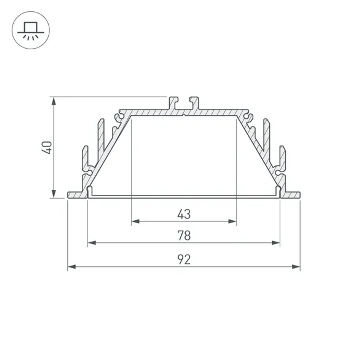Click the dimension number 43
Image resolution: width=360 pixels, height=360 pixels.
pos(184,214)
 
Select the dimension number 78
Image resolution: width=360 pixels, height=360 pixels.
pos(184,236)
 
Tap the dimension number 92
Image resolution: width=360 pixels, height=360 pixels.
pos(184,260)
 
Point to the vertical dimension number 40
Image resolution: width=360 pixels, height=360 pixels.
pos(47,148)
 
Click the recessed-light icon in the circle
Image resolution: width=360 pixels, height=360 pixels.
pos(31,30)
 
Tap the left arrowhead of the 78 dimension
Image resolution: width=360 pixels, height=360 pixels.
pos(92,243)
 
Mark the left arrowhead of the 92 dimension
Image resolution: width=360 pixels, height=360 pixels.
pos(72,267)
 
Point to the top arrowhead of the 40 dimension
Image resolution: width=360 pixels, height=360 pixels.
pos(54,101)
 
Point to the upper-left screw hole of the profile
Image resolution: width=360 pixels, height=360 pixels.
pos(117,117)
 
